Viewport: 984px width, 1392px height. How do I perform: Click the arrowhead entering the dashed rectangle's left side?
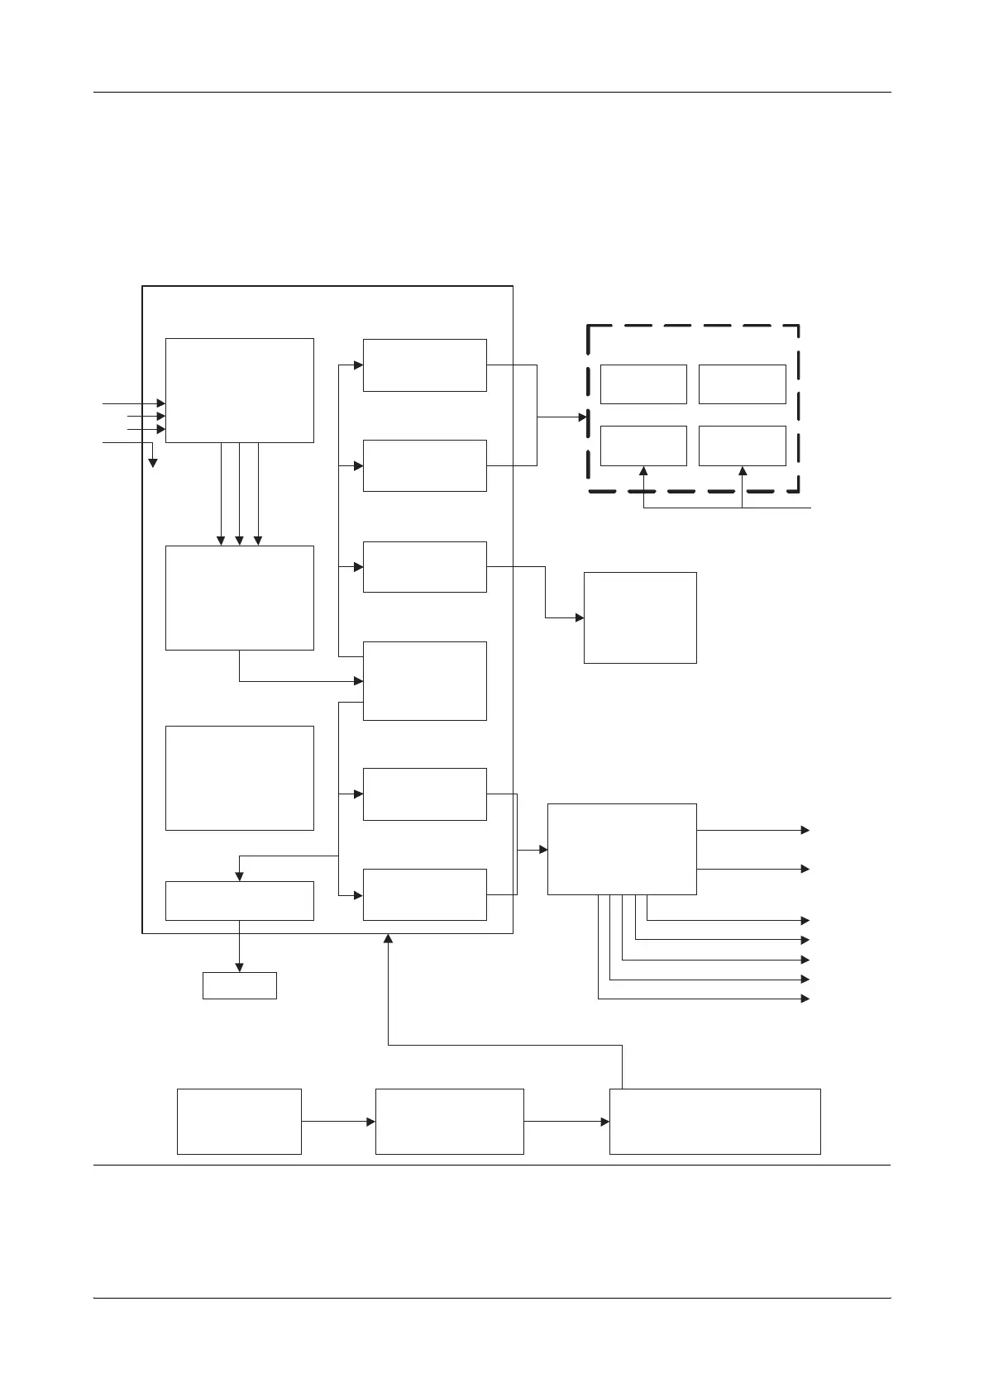coord(583,417)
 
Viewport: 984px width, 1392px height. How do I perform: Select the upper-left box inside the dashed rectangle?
coord(643,384)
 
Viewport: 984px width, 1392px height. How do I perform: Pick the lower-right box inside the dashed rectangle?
coord(742,446)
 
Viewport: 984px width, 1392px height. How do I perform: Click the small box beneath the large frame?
coord(239,985)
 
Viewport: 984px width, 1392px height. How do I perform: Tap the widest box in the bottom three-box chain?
coord(714,1121)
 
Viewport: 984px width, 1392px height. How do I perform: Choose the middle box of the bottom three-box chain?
coord(449,1121)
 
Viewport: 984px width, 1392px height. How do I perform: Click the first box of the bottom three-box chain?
coord(239,1121)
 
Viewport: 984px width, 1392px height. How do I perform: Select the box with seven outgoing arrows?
coord(622,849)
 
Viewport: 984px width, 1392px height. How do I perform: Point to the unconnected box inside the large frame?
coord(239,778)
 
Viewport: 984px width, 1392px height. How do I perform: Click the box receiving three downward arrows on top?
coord(239,598)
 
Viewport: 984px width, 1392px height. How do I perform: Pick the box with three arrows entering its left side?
coord(239,390)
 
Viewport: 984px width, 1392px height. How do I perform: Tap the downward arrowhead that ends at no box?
coord(152,463)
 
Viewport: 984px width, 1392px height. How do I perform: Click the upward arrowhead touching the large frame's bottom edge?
coord(388,939)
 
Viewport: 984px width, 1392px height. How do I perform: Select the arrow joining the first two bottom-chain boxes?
coord(337,1122)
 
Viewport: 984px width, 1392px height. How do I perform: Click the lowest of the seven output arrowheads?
coord(805,999)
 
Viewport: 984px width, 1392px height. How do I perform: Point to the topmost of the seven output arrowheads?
coord(805,830)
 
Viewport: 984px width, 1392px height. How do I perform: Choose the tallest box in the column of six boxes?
coord(424,680)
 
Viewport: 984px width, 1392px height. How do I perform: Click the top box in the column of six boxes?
coord(424,365)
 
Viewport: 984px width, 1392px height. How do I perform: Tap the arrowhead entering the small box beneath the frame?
coord(239,967)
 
